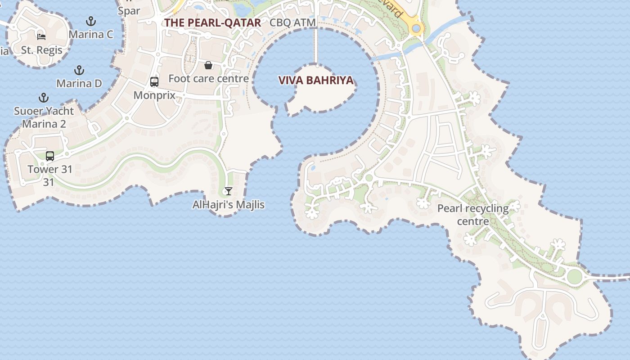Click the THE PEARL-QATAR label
coord(212,23)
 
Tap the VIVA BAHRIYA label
coord(316,81)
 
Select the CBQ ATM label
coord(292,22)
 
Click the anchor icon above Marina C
coord(91,21)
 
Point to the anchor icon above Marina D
coord(79,70)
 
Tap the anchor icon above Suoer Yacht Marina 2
coord(44,98)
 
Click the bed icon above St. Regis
coord(41,36)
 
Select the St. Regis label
coord(41,50)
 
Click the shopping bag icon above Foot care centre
coord(208,66)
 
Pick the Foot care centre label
coord(208,79)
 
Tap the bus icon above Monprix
coord(154,82)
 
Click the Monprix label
coord(154,95)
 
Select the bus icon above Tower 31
coord(50,156)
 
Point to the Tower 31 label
coord(49,170)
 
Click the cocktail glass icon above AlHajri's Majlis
coord(229,191)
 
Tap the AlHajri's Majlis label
coord(229,205)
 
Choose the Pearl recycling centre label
coord(473,215)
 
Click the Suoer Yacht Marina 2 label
coord(44,117)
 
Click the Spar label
coord(129,11)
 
